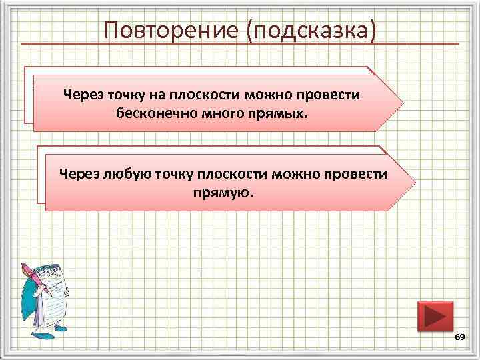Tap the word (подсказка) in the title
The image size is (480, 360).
(312, 30)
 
